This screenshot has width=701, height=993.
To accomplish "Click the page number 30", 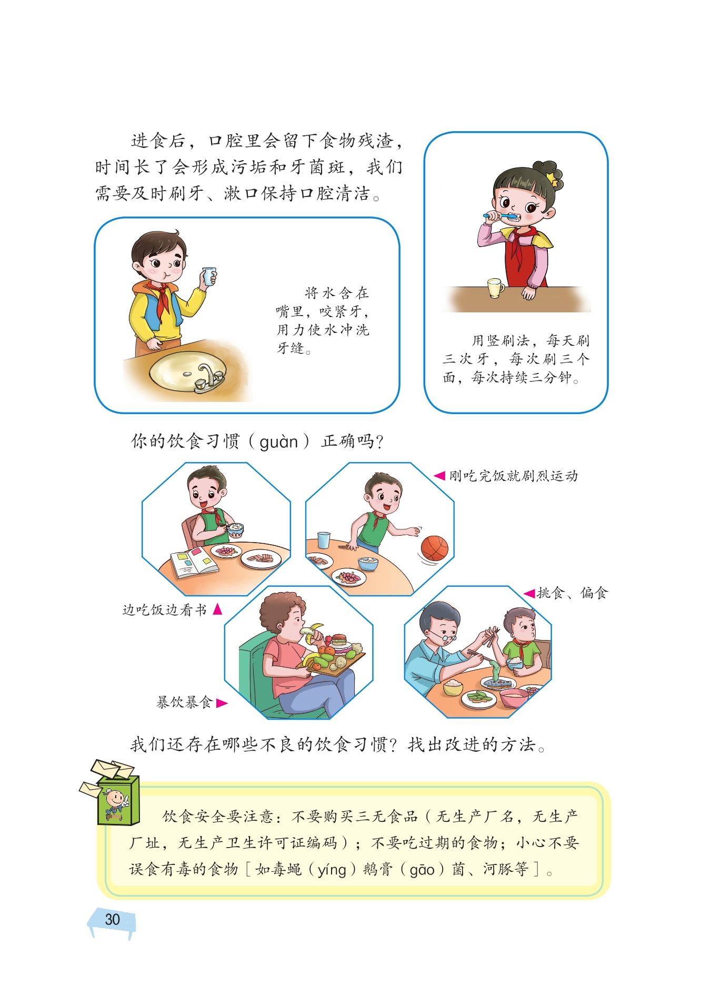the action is (x=112, y=919).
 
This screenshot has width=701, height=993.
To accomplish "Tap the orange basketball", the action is (x=434, y=548).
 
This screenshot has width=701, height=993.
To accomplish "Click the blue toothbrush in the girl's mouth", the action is (x=500, y=215).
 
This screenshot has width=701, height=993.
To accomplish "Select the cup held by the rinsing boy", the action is (x=209, y=276).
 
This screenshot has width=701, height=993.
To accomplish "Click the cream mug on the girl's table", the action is (x=495, y=288).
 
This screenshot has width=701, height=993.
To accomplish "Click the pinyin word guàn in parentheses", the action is (x=279, y=441).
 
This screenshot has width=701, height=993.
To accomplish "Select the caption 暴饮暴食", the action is (x=184, y=702).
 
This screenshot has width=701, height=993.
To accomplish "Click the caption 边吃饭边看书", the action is (x=164, y=609).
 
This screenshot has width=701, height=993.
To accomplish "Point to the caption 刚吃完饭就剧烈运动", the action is (x=513, y=476).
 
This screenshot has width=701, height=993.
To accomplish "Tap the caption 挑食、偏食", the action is (x=572, y=593).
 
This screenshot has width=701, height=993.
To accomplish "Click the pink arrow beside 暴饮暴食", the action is (x=222, y=703).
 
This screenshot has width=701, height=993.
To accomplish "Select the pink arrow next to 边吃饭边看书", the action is (x=217, y=609).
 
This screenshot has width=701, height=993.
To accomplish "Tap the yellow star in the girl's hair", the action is (x=553, y=178).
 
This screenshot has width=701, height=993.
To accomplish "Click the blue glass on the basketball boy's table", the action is (x=324, y=540).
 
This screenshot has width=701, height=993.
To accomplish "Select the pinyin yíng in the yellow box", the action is (x=332, y=870).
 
